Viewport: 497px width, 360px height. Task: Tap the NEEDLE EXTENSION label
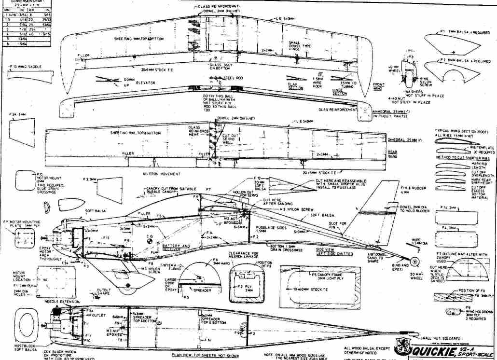[x=58, y=301]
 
